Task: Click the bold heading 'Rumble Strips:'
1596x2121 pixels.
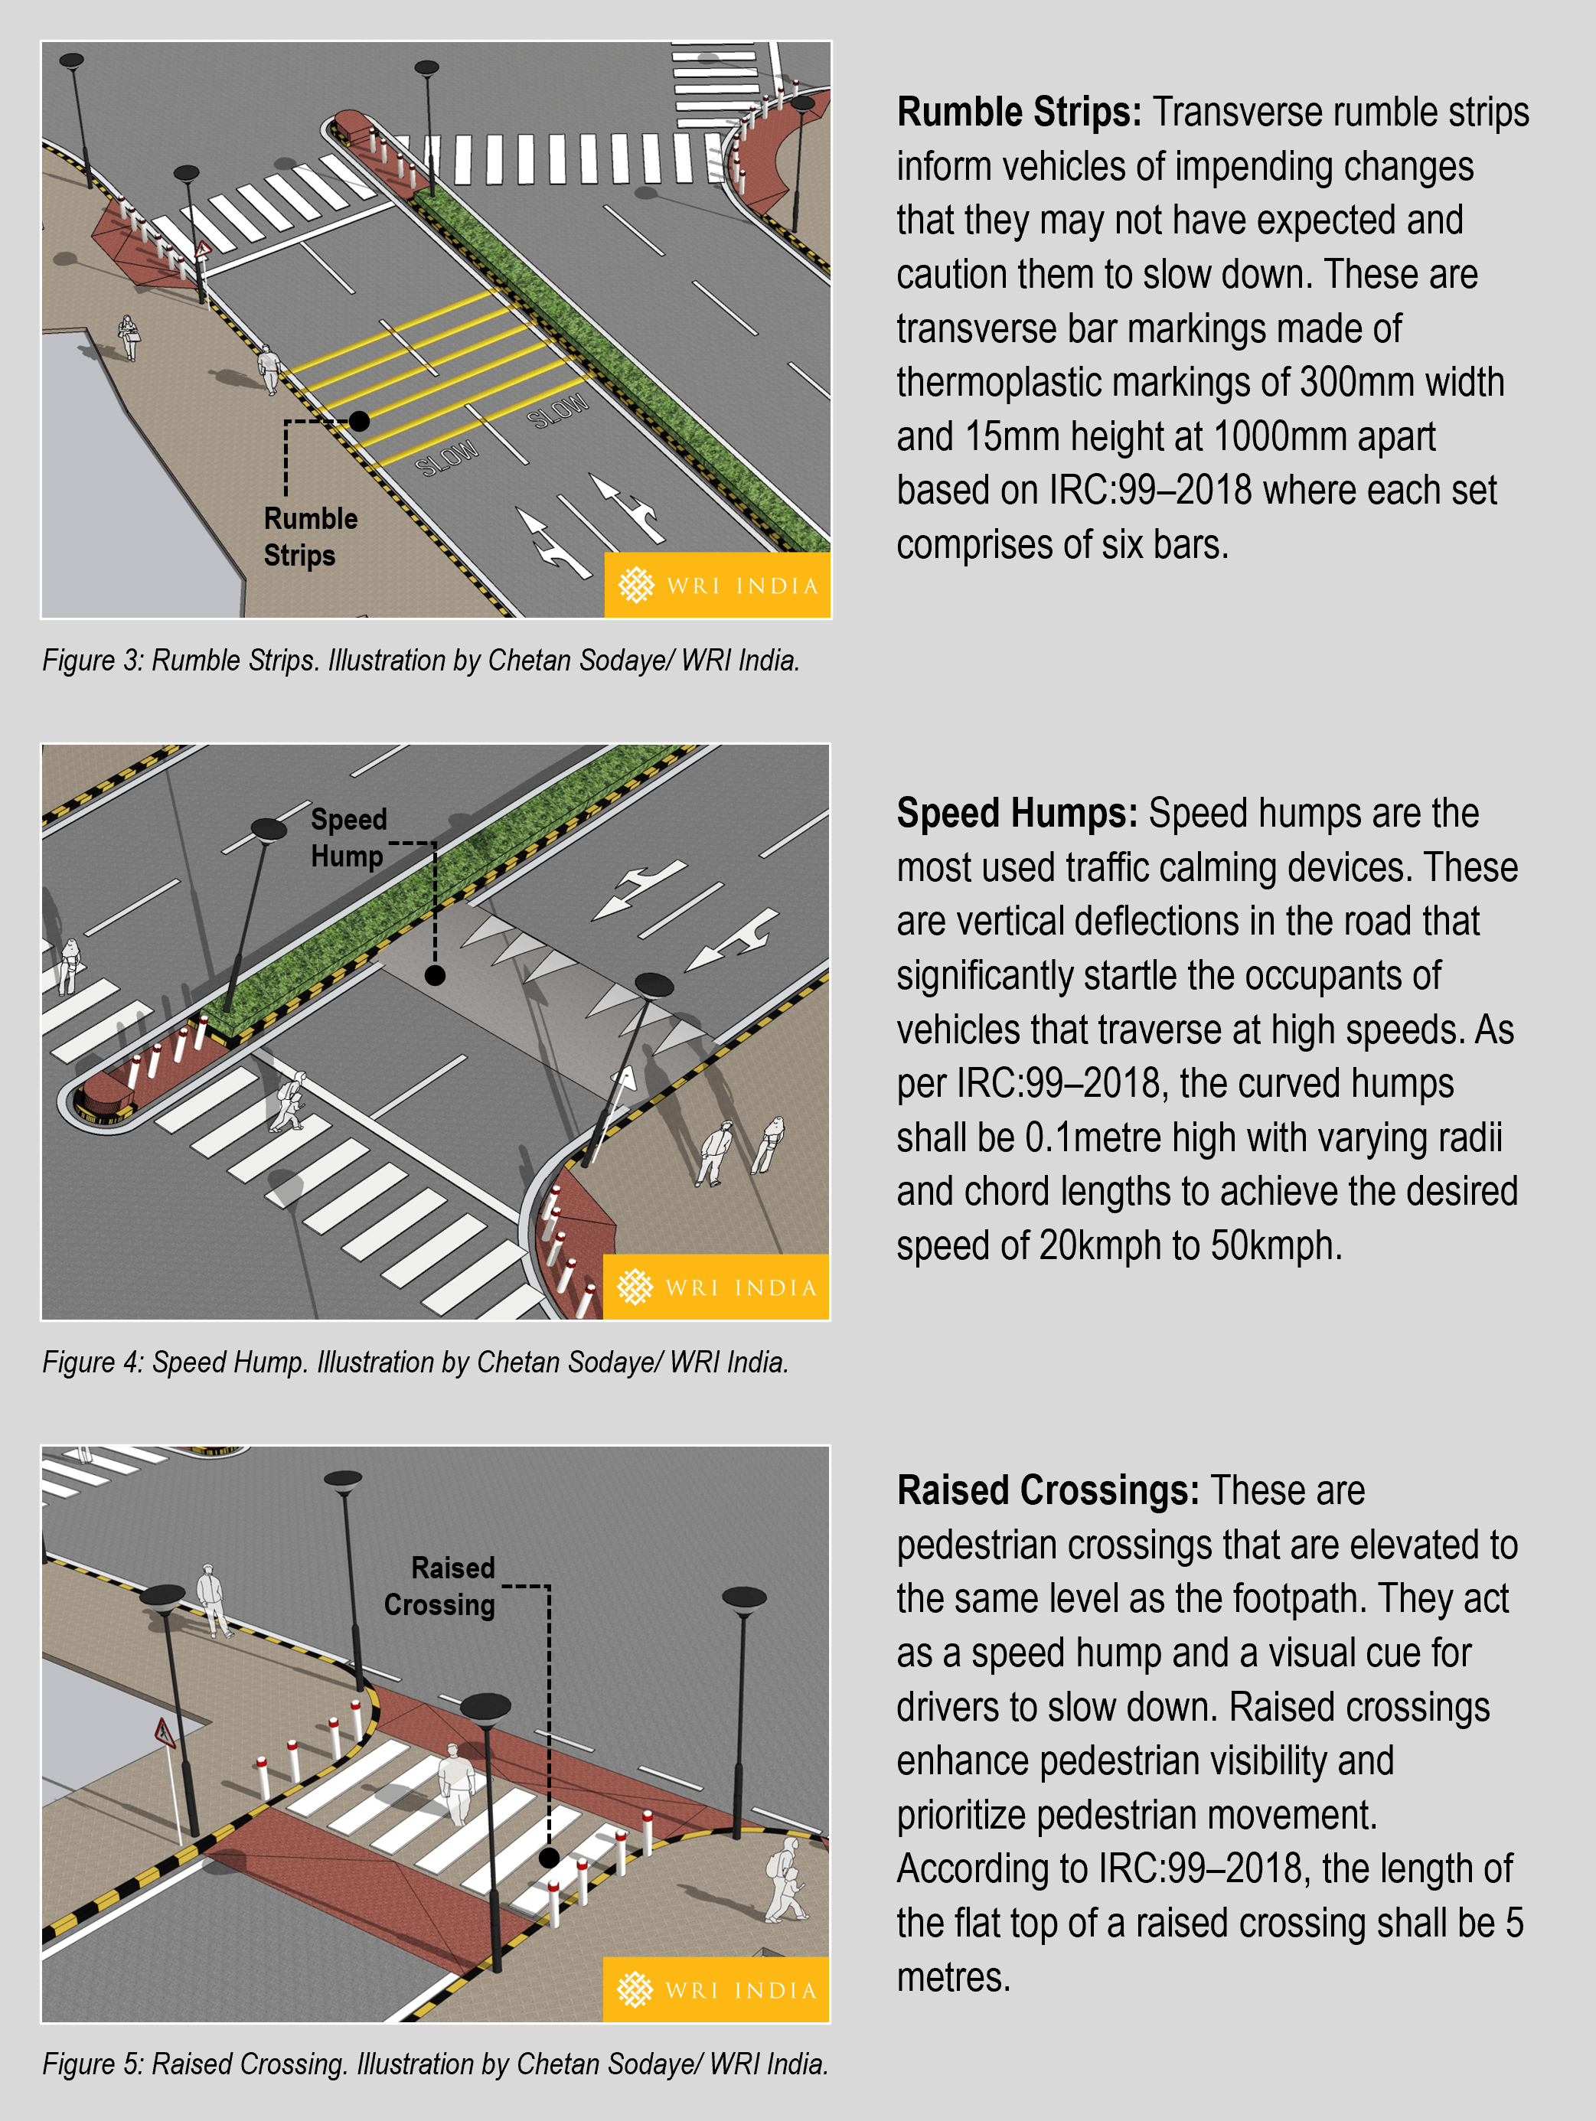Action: coord(1019,113)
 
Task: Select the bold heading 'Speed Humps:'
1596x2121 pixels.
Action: coord(1017,813)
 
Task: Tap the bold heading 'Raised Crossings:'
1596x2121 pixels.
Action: coord(1047,1491)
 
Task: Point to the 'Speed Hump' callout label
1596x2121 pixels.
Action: coord(348,837)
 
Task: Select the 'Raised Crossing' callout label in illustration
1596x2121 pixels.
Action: coord(441,1586)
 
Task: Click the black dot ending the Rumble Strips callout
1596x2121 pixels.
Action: coord(359,421)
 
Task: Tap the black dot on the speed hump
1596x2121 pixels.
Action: coord(435,975)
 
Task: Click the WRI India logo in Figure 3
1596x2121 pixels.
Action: coord(717,585)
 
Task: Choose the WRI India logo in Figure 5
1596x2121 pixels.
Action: coord(716,1989)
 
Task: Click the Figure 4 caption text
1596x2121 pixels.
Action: coord(416,1362)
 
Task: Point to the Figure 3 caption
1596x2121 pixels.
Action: coord(421,660)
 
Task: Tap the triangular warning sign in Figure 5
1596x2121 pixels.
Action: coord(165,1731)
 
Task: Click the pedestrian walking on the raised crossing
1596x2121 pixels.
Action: coord(456,1782)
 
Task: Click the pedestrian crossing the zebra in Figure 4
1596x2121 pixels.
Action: coord(289,1101)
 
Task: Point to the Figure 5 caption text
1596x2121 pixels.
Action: coord(435,2064)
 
